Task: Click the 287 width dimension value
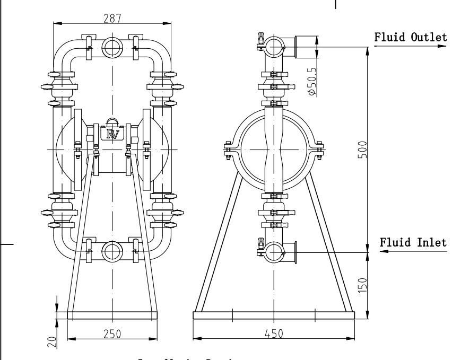coord(112,18)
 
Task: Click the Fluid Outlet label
coord(411,38)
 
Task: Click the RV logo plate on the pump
coord(112,134)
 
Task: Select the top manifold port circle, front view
coord(112,48)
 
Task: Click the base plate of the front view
coord(112,315)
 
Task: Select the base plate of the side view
coord(273,315)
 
